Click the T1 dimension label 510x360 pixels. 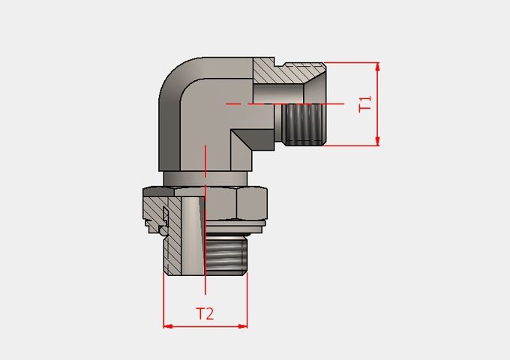click(x=365, y=104)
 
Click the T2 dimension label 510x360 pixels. click(x=205, y=313)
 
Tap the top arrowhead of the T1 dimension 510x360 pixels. click(x=377, y=67)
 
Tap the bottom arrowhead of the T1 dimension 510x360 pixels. click(x=377, y=141)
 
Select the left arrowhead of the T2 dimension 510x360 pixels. click(x=168, y=326)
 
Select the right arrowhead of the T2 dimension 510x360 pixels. click(x=243, y=326)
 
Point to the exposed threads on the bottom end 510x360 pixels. click(x=226, y=255)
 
